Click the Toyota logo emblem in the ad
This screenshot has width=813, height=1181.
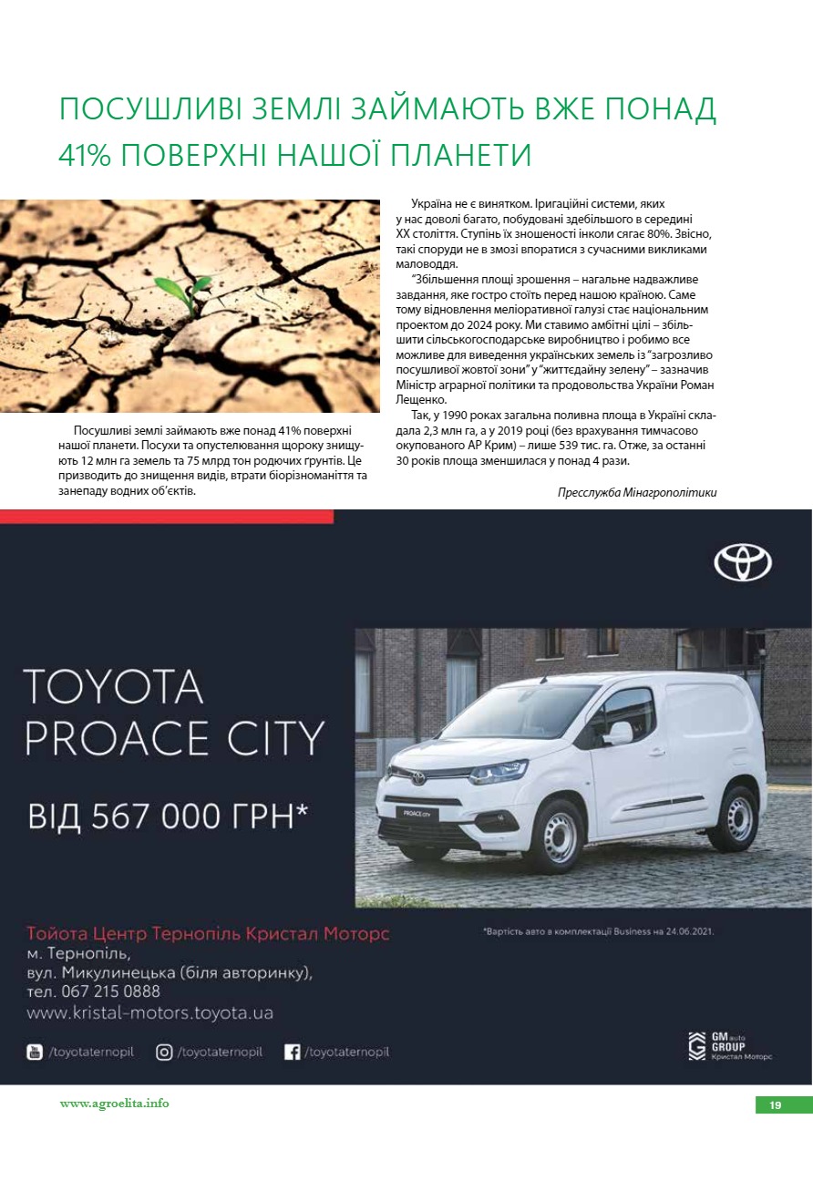[742, 561]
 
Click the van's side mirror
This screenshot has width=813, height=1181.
[620, 733]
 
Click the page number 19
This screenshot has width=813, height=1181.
[775, 1105]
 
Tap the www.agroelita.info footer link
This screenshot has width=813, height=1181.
[114, 1104]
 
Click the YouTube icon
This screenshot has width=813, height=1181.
[35, 1052]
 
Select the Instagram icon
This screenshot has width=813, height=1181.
[164, 1052]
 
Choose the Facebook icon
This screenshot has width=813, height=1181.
[293, 1052]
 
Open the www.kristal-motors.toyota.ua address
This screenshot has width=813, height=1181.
[149, 1012]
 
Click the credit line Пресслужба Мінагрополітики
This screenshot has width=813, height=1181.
[636, 492]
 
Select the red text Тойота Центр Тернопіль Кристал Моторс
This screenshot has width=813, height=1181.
[208, 934]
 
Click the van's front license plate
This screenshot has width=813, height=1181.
[409, 812]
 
